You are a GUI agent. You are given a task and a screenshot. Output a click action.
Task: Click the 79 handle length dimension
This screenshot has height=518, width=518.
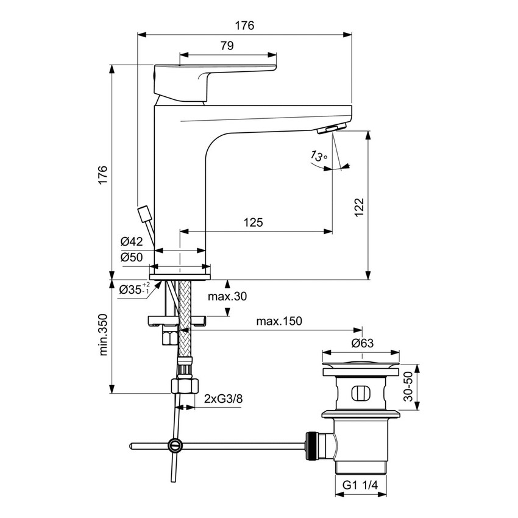pyautogui.click(x=226, y=46)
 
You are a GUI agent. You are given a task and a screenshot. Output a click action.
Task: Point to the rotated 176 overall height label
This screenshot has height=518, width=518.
pyautogui.click(x=103, y=174)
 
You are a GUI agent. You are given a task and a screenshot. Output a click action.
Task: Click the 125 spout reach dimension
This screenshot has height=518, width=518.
pyautogui.click(x=253, y=222)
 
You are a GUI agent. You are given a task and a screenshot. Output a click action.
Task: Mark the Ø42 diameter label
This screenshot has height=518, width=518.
pyautogui.click(x=132, y=242)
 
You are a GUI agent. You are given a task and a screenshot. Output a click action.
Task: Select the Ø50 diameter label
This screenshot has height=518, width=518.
pyautogui.click(x=132, y=257)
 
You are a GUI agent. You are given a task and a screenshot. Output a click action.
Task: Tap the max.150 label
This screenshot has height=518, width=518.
pyautogui.click(x=279, y=321)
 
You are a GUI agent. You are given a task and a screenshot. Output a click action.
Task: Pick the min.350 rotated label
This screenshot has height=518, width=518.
pyautogui.click(x=103, y=335)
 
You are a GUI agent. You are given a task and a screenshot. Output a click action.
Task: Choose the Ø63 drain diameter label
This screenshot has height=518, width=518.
pyautogui.click(x=362, y=343)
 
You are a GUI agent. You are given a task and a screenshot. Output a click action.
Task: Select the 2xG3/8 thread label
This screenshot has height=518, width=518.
pyautogui.click(x=222, y=399)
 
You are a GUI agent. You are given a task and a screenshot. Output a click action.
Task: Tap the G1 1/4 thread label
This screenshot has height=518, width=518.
pyautogui.click(x=362, y=485)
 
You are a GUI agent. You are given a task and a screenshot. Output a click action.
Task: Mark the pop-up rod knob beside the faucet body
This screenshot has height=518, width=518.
pyautogui.click(x=144, y=215)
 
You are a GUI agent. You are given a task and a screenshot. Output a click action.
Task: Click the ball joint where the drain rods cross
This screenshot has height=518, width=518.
pyautogui.click(x=175, y=445)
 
